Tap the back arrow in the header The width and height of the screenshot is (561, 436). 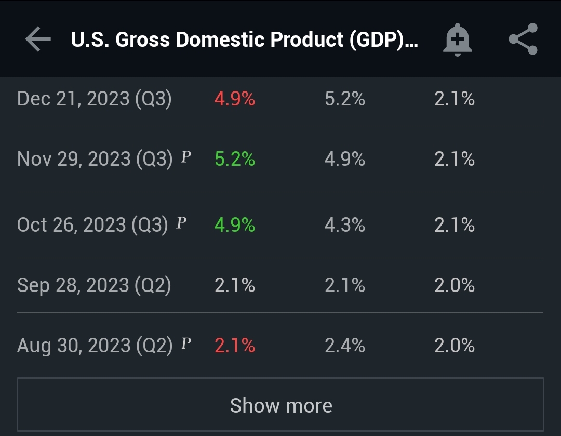[x=38, y=39]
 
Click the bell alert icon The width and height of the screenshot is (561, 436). [x=457, y=39]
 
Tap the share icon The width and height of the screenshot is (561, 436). [x=523, y=39]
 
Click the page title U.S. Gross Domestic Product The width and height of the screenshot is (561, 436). [x=244, y=39]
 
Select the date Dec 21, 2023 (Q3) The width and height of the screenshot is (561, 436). [x=95, y=99]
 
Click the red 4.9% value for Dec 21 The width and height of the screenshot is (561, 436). [x=235, y=99]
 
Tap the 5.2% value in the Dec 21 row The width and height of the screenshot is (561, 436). [x=345, y=99]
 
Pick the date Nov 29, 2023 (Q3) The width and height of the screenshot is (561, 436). [x=95, y=159]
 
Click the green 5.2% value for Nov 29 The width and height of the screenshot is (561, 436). [x=235, y=159]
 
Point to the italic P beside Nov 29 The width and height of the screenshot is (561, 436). [x=185, y=157]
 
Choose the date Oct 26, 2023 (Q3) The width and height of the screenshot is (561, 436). [x=92, y=225]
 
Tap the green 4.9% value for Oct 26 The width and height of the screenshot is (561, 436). [x=235, y=225]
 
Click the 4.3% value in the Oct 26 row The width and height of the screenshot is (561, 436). [x=345, y=225]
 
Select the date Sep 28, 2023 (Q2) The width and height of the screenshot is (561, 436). [x=94, y=285]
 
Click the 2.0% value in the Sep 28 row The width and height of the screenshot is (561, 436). [x=455, y=285]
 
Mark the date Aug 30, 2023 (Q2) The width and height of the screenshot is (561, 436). [x=95, y=346]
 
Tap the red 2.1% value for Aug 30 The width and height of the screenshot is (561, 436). [x=235, y=346]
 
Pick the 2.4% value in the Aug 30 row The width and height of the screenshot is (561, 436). [x=345, y=346]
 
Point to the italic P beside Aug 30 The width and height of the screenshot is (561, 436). [x=185, y=343]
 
